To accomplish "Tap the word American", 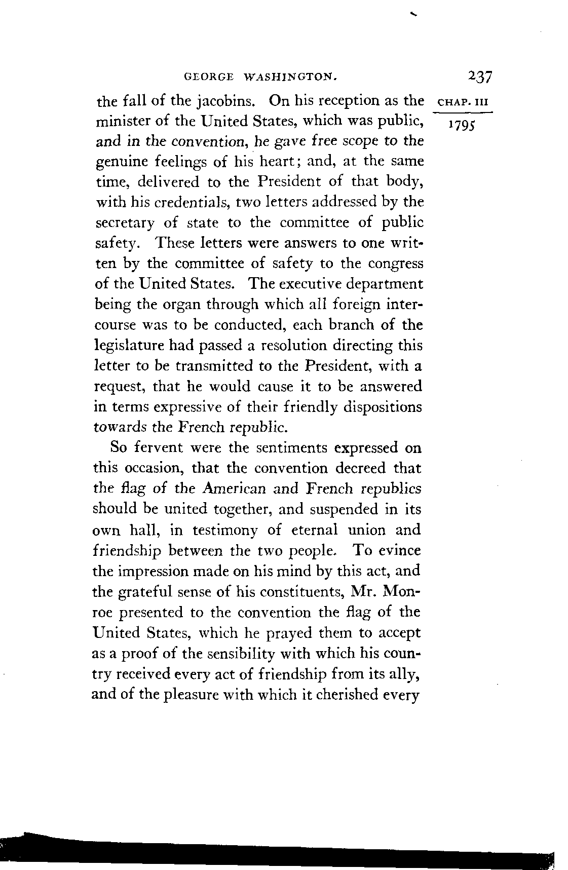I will pyautogui.click(x=232, y=489).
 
